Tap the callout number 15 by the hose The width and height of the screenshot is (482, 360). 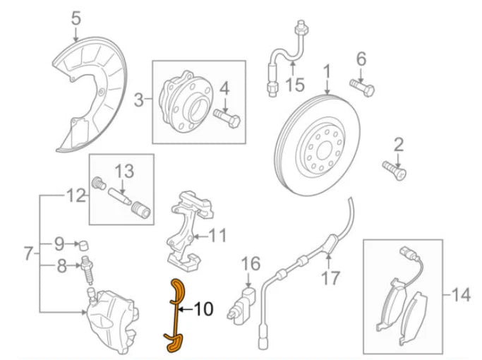point(294,85)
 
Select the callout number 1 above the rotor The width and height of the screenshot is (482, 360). point(327,72)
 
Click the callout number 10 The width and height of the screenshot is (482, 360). point(202,308)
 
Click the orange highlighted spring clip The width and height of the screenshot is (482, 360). point(174,314)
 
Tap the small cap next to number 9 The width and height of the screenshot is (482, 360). point(85,244)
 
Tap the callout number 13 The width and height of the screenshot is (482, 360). point(123,172)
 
